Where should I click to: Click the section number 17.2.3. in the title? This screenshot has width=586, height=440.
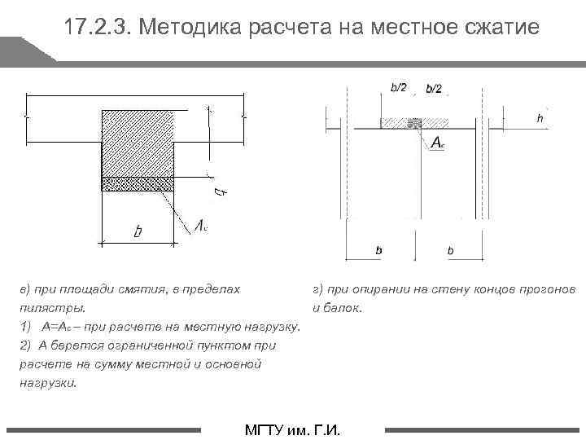(98, 28)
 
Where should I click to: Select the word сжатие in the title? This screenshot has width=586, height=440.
(499, 28)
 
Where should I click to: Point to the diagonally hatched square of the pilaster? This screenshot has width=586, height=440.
(138, 143)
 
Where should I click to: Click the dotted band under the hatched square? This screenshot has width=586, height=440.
(138, 183)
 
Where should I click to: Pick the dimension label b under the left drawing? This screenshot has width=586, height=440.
(137, 232)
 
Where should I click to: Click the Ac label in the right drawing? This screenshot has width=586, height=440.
(437, 143)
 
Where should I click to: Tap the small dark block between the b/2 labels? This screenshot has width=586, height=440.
(415, 124)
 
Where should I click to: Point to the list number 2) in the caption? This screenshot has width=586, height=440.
(25, 345)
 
